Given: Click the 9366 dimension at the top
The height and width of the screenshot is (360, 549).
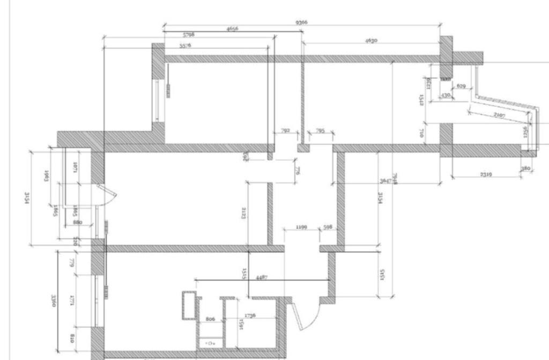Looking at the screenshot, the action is (302, 23).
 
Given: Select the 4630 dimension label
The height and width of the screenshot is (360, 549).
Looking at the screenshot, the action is (372, 40).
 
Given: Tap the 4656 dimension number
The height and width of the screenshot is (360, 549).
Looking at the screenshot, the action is (232, 28).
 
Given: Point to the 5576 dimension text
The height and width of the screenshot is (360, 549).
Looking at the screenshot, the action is (186, 46).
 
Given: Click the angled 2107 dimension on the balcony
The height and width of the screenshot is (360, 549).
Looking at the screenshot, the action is (499, 115).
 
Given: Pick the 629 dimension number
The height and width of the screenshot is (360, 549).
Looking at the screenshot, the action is (461, 86).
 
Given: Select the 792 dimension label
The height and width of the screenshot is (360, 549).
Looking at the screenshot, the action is (285, 130).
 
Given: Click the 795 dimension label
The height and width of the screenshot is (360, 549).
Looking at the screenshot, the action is (320, 130).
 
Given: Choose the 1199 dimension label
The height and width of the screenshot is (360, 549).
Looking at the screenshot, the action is (301, 227).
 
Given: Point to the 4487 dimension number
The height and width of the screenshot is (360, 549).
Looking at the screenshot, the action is (262, 277).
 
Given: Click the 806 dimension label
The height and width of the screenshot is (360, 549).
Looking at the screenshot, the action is (210, 319).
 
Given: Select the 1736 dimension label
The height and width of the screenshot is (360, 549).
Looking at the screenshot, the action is (250, 315).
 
